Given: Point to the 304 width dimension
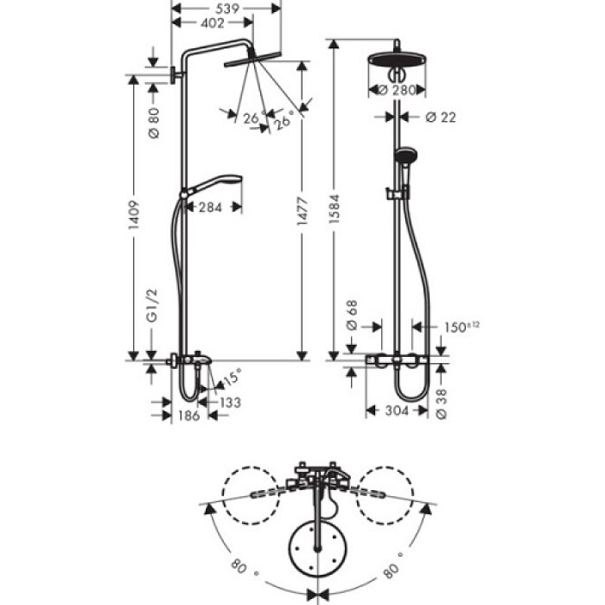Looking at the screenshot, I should [x=397, y=412].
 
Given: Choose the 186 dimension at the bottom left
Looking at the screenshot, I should [x=189, y=416].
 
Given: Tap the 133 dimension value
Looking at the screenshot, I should [x=229, y=402].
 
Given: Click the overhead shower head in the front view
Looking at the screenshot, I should [x=399, y=63].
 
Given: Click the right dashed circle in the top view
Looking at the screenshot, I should [x=388, y=494].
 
